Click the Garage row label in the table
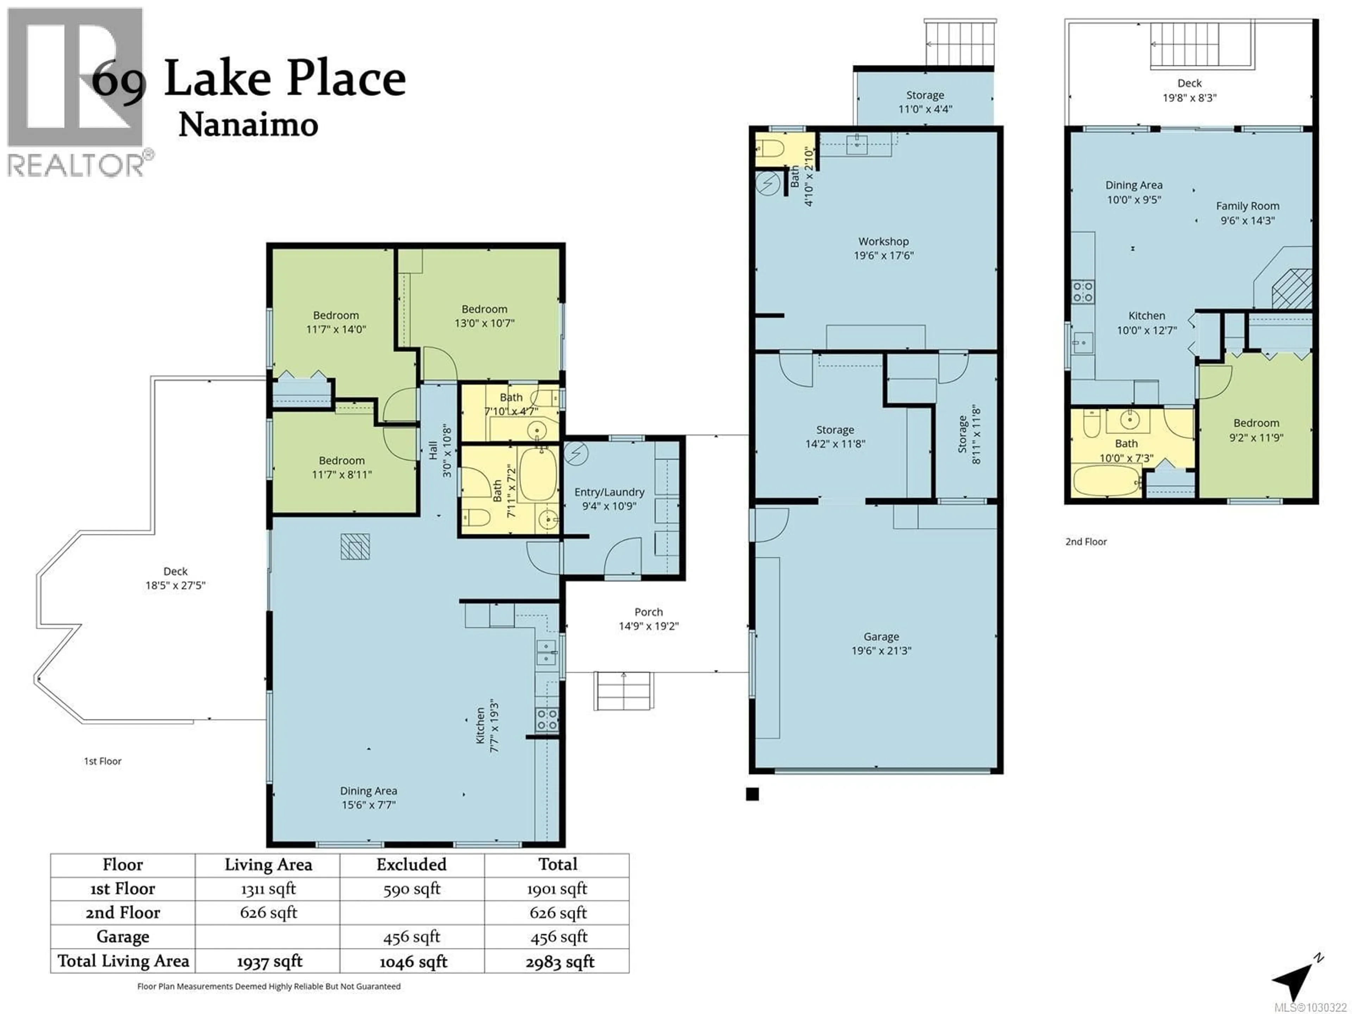pos(123,937)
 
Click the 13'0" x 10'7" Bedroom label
pos(484,316)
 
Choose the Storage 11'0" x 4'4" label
pos(925,102)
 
